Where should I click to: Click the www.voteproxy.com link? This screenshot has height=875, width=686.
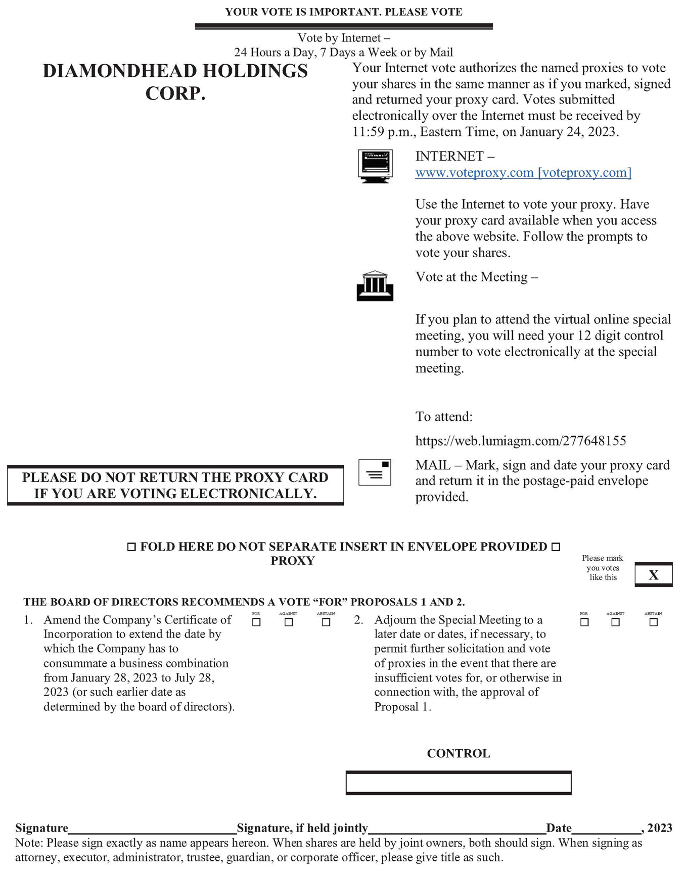[523, 173]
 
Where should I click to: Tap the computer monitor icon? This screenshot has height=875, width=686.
[375, 165]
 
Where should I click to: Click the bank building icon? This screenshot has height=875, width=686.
[375, 286]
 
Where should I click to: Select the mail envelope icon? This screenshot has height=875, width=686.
[375, 472]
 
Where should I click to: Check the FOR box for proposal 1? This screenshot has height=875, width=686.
[256, 622]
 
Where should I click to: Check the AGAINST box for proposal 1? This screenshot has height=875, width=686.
[289, 622]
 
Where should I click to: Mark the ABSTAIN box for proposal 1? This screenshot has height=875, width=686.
[326, 622]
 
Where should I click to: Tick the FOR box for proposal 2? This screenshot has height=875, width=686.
[584, 622]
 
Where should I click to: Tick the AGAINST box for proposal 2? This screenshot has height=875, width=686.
[615, 622]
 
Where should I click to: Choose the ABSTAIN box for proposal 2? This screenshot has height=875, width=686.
[654, 622]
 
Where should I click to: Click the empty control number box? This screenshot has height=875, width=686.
[459, 783]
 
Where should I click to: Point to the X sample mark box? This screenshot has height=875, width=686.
[654, 575]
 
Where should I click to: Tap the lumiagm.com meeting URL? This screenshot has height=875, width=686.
[521, 441]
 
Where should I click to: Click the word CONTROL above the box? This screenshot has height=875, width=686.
[459, 753]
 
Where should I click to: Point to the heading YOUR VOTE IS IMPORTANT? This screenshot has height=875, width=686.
[344, 12]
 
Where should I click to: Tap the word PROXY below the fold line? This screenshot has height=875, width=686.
[293, 561]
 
